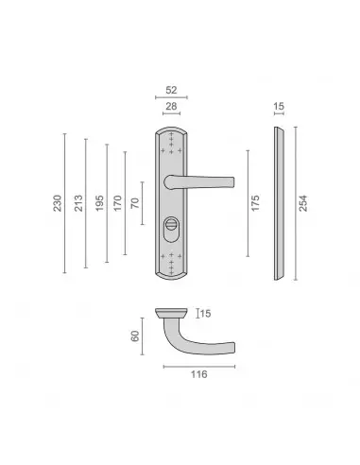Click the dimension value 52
point(171,90)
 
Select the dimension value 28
point(171,106)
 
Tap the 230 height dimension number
point(58,203)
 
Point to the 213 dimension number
point(78,203)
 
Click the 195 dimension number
point(99,203)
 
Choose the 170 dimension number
point(117,203)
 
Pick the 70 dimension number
point(135,203)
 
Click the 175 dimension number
point(255,203)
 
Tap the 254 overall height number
point(302,203)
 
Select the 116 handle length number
point(199,374)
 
